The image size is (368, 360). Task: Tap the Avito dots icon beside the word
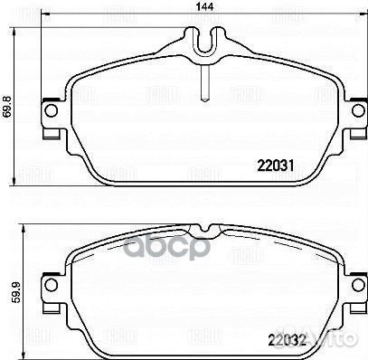pyautogui.click(x=311, y=343)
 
